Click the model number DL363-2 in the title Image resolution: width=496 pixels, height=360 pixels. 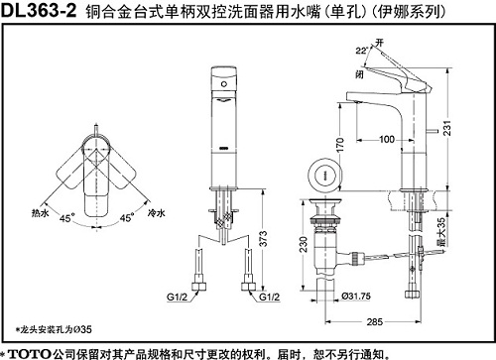click(39, 11)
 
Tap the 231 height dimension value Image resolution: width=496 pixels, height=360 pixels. click(447, 128)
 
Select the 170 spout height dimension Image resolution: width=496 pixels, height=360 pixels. click(339, 145)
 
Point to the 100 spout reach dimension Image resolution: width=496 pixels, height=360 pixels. click(387, 139)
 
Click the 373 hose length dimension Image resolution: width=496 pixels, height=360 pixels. click(263, 239)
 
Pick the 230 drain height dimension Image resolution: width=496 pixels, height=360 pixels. click(304, 244)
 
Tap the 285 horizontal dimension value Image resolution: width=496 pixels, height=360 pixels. click(375, 321)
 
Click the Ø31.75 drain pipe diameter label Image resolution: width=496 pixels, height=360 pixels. click(356, 297)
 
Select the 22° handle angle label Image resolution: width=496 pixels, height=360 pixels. click(362, 51)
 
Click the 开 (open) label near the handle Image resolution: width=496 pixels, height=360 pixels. click(379, 43)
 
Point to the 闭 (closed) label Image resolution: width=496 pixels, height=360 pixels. click(359, 74)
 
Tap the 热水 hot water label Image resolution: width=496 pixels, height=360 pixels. click(40, 213)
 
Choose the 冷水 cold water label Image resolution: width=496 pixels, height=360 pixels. click(157, 213)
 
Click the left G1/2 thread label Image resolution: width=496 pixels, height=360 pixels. click(177, 297)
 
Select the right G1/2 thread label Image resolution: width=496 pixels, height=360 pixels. click(269, 297)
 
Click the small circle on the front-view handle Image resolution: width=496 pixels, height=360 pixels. click(224, 84)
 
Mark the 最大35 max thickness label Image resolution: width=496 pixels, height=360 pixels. click(441, 232)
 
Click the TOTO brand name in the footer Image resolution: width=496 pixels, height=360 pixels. click(30, 354)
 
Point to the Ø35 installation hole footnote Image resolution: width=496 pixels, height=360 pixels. click(54, 329)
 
